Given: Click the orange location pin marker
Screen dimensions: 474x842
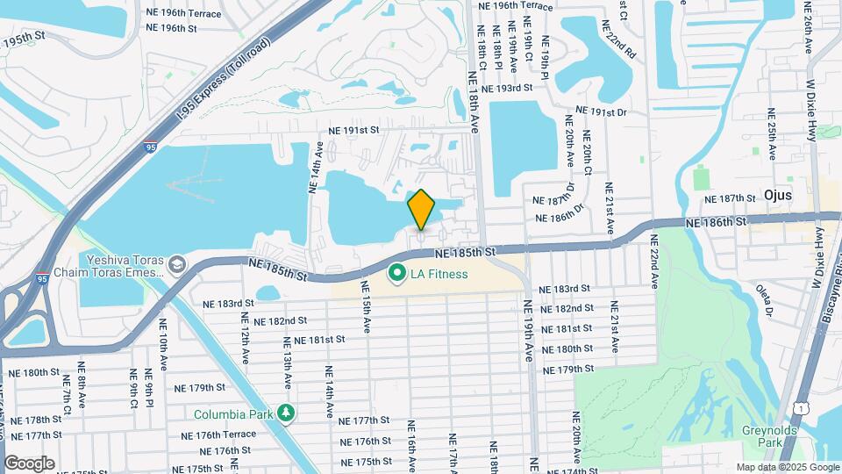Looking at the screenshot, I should (x=422, y=210).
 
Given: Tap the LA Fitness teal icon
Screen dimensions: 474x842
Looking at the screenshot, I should (x=396, y=275).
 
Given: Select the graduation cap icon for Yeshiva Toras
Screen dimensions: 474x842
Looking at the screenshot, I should (x=177, y=264).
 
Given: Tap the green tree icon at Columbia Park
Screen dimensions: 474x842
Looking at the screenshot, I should (x=285, y=413).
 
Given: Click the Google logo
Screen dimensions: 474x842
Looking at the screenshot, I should (x=29, y=463).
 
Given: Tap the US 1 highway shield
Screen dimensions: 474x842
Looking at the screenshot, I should (x=799, y=406).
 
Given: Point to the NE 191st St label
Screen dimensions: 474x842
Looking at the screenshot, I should (x=353, y=130).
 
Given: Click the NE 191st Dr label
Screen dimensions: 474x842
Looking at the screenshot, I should (x=602, y=112).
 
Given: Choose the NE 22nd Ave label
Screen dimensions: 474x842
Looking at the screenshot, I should (x=654, y=261).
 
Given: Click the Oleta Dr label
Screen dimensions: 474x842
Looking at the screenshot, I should (x=766, y=298).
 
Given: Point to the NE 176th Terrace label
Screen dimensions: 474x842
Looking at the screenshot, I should (x=219, y=434).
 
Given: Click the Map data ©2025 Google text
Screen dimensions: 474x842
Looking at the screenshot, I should (x=787, y=467).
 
